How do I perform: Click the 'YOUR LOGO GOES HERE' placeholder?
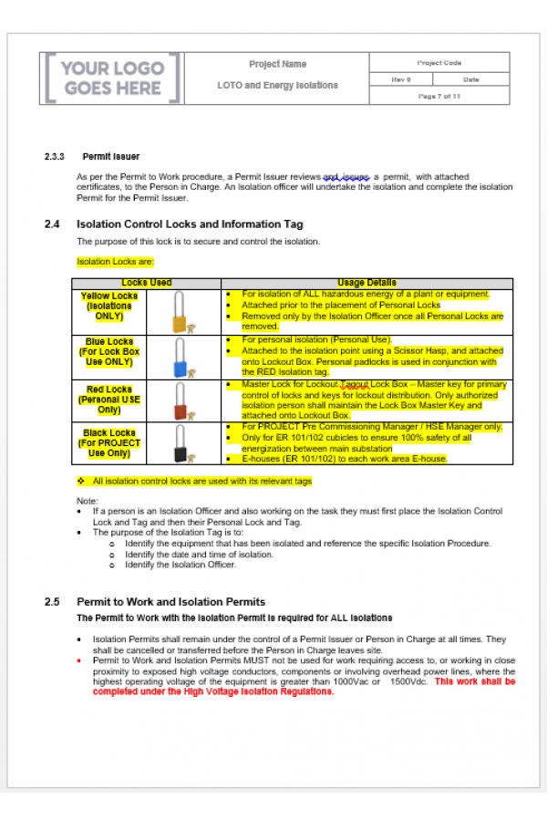(113, 78)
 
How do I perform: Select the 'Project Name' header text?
(277, 65)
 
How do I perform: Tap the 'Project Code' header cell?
(439, 63)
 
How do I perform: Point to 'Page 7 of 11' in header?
(439, 96)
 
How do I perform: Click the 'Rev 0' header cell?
(401, 79)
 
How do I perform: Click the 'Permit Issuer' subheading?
(110, 157)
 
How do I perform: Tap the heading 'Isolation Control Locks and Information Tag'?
(190, 224)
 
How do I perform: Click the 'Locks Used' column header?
(146, 283)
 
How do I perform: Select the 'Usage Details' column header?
(365, 283)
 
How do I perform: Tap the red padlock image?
(181, 401)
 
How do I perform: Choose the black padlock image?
(181, 444)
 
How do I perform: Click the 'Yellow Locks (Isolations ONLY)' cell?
(108, 307)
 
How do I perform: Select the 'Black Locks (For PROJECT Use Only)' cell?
(108, 443)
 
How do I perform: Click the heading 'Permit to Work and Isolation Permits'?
(170, 602)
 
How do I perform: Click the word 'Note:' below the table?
(87, 501)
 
